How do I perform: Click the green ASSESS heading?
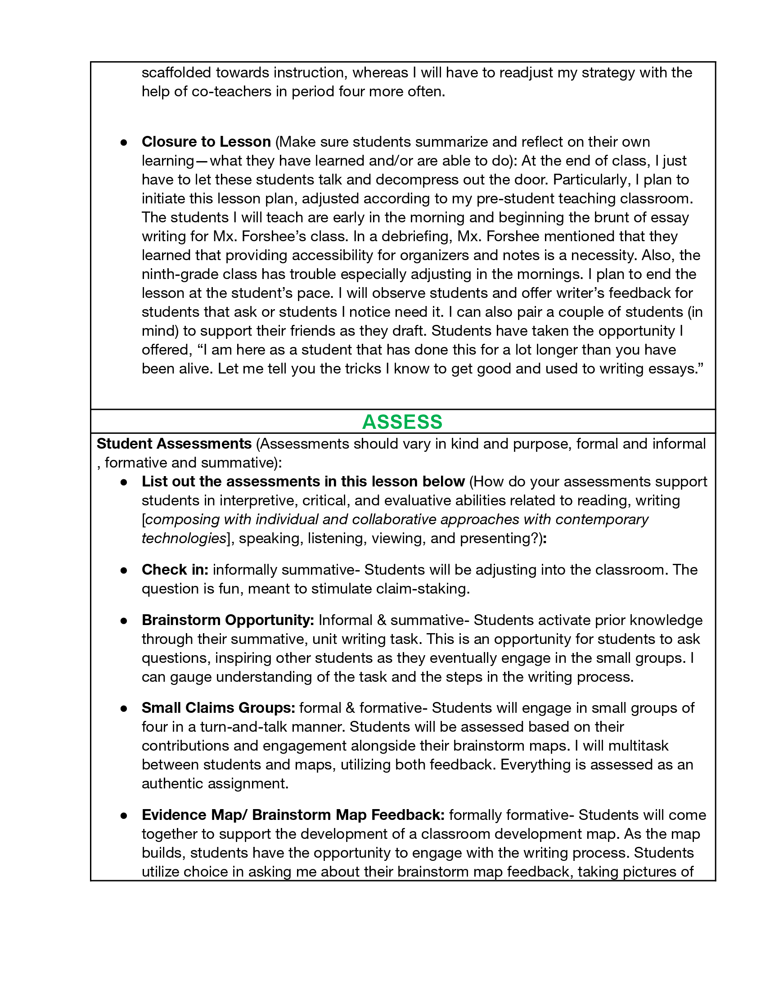tap(402, 422)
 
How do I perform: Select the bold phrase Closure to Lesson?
tap(206, 142)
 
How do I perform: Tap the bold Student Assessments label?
tap(174, 444)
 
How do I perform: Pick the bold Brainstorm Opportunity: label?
tap(228, 620)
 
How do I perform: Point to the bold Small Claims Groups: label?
tap(218, 707)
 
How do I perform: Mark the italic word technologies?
tap(184, 539)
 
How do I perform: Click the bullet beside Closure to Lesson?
tap(124, 142)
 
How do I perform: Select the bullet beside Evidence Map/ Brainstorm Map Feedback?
tap(124, 815)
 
